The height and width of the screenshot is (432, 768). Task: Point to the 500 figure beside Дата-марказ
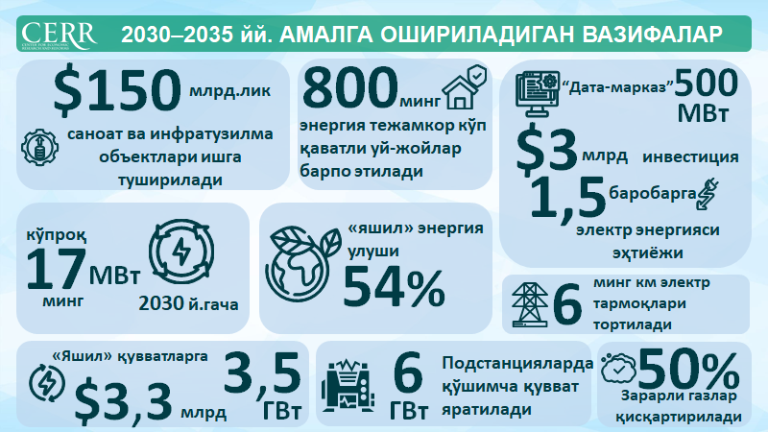click(712, 87)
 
